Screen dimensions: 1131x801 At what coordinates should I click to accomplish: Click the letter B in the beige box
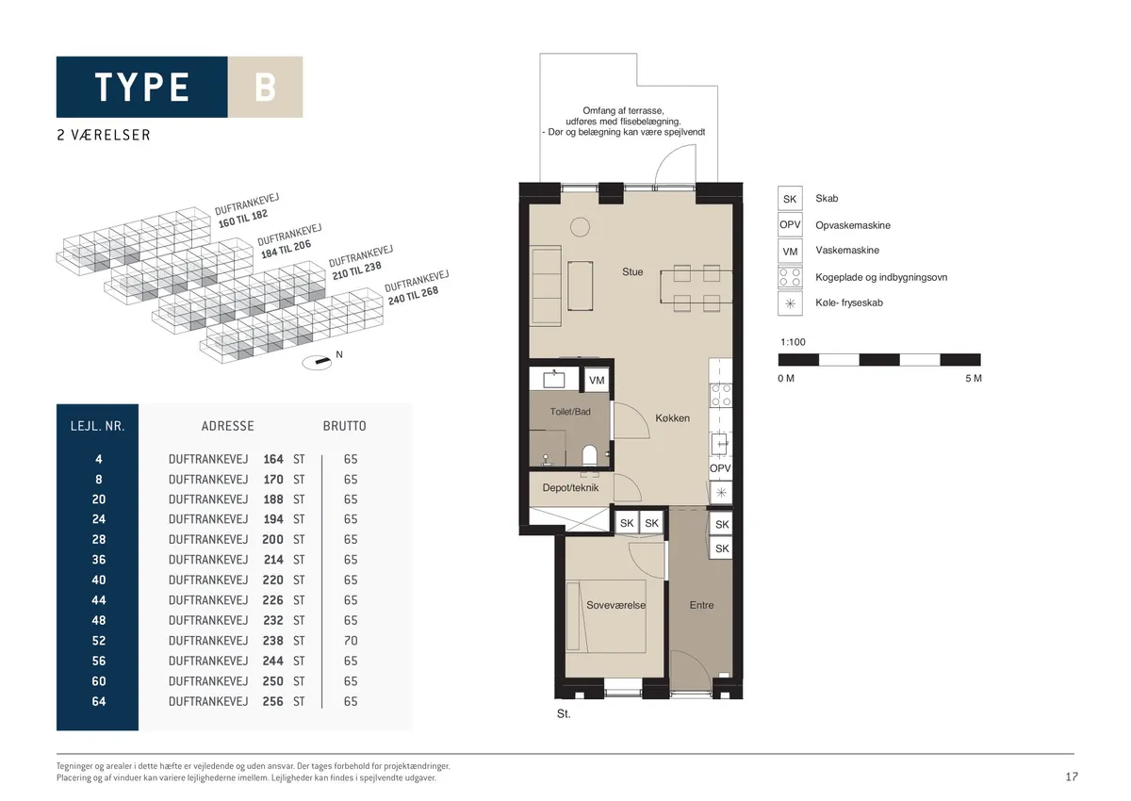tap(265, 88)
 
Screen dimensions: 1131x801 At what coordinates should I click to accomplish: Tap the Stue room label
tap(632, 272)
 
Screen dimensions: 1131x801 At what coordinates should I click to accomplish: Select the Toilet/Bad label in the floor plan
tap(570, 412)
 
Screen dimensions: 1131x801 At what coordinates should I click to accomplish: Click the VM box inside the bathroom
tap(597, 380)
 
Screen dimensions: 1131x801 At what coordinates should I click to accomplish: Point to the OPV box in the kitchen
tap(720, 468)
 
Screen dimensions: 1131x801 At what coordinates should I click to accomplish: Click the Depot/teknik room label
tap(570, 488)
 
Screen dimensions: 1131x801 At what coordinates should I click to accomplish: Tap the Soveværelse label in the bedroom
tap(615, 605)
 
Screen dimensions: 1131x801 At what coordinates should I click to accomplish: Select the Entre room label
tap(701, 605)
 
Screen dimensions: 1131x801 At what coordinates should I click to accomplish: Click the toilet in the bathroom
tap(589, 455)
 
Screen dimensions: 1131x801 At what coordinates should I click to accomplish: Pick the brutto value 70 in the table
tap(351, 641)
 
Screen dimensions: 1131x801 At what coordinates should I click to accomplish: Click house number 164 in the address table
tap(272, 459)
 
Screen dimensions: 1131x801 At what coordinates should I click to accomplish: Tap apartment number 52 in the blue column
tap(98, 641)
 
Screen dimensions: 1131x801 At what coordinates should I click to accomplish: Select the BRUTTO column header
tap(344, 427)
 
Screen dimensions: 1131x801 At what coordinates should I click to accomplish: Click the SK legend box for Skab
tap(790, 199)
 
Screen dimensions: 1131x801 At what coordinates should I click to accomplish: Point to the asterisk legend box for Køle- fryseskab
tap(790, 303)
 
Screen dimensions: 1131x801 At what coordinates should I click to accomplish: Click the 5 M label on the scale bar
tap(973, 379)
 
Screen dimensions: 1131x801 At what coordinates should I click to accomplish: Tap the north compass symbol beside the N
tap(317, 362)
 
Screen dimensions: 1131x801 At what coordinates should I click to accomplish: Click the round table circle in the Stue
tap(580, 227)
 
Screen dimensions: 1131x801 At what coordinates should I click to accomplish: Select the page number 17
tap(1072, 777)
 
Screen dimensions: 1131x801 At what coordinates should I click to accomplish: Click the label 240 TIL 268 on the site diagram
tap(413, 296)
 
